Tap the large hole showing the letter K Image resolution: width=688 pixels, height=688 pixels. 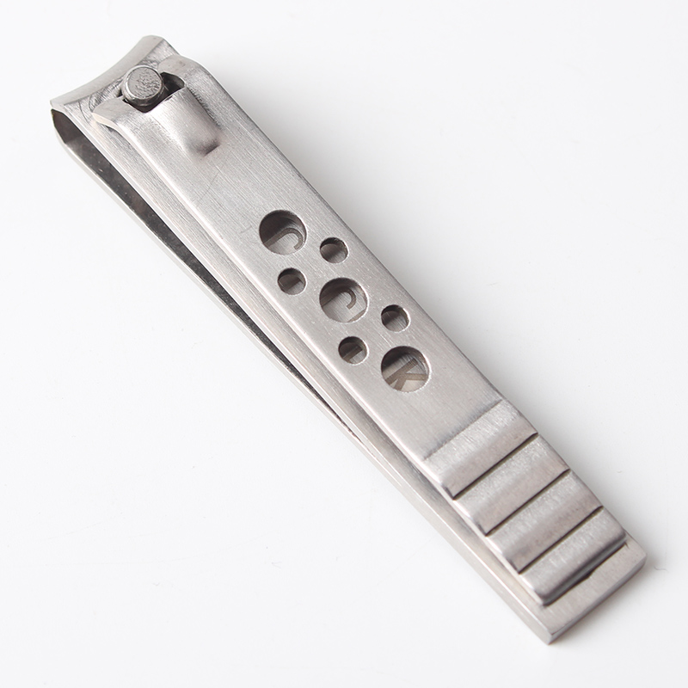click(405, 369)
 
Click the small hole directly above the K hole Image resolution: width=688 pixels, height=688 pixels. click(395, 318)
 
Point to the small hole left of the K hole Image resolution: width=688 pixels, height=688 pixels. click(353, 348)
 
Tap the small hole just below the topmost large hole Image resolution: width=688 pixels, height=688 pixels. click(292, 279)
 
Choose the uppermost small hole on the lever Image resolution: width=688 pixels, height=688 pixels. click(334, 250)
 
